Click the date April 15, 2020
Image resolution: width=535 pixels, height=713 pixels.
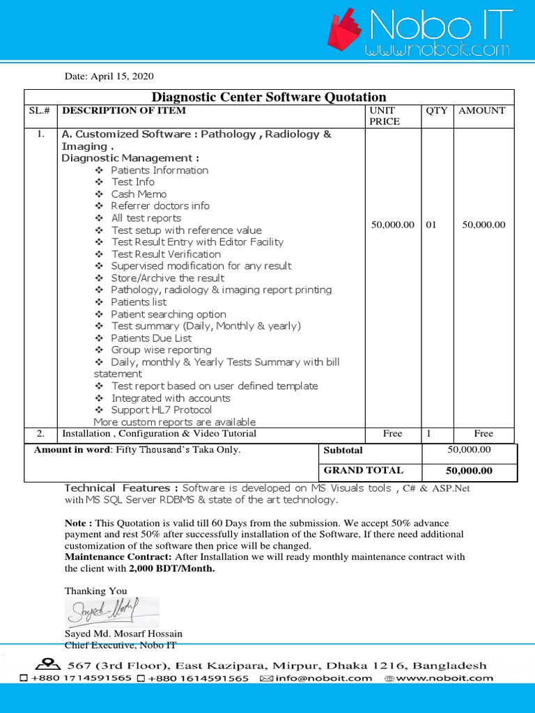pyautogui.click(x=109, y=77)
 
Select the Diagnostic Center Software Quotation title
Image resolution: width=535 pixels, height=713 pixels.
pyautogui.click(x=269, y=97)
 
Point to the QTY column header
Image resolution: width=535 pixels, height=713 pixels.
pyautogui.click(x=437, y=111)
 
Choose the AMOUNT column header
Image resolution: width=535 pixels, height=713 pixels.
pyautogui.click(x=481, y=111)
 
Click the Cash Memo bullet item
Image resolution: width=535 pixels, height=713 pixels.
pyautogui.click(x=139, y=194)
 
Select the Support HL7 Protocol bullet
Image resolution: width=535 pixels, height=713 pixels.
pyautogui.click(x=161, y=410)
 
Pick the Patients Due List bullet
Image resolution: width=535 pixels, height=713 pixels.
pyautogui.click(x=151, y=338)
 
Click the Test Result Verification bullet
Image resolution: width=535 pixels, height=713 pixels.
pyautogui.click(x=166, y=254)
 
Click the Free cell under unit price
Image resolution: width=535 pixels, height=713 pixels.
pyautogui.click(x=392, y=433)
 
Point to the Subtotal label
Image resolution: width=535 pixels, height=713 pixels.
pyautogui.click(x=343, y=450)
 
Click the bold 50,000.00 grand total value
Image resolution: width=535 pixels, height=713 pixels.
pyautogui.click(x=469, y=471)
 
